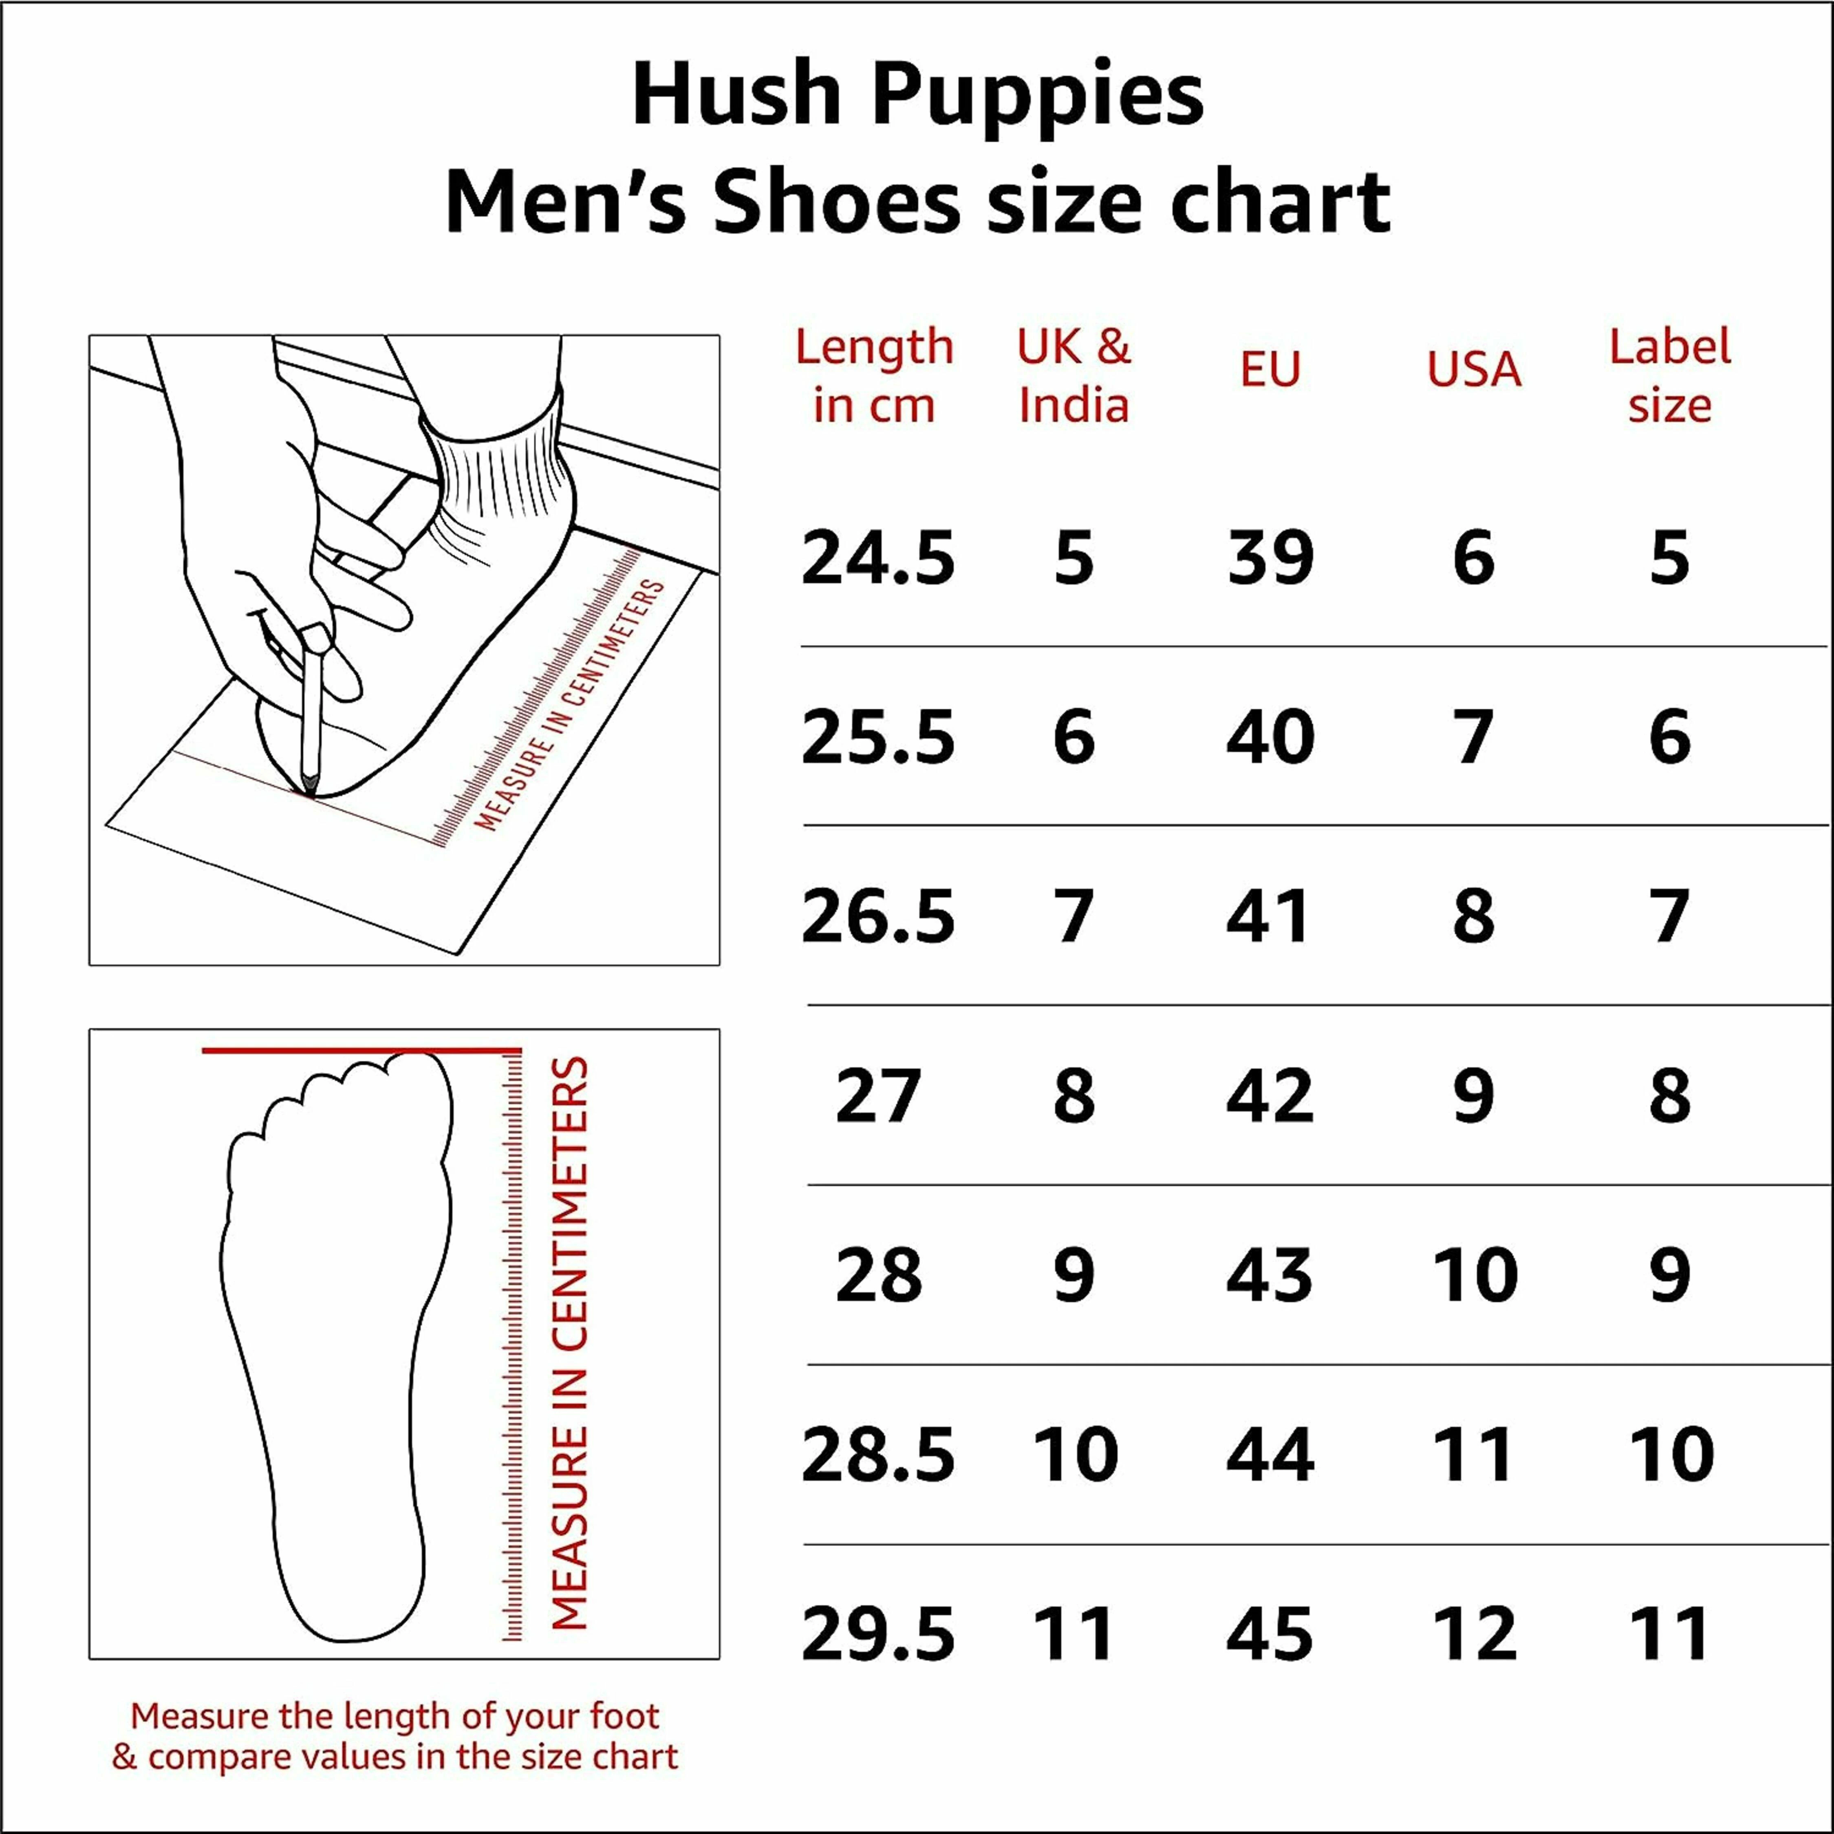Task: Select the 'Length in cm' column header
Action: [874, 376]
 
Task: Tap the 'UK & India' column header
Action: [1074, 376]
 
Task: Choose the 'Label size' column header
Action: [1670, 376]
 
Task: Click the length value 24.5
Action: [878, 558]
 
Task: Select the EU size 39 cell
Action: [1270, 558]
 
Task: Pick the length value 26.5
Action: [878, 917]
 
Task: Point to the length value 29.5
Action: [878, 1635]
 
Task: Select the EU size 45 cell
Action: [1270, 1635]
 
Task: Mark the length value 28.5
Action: [878, 1455]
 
